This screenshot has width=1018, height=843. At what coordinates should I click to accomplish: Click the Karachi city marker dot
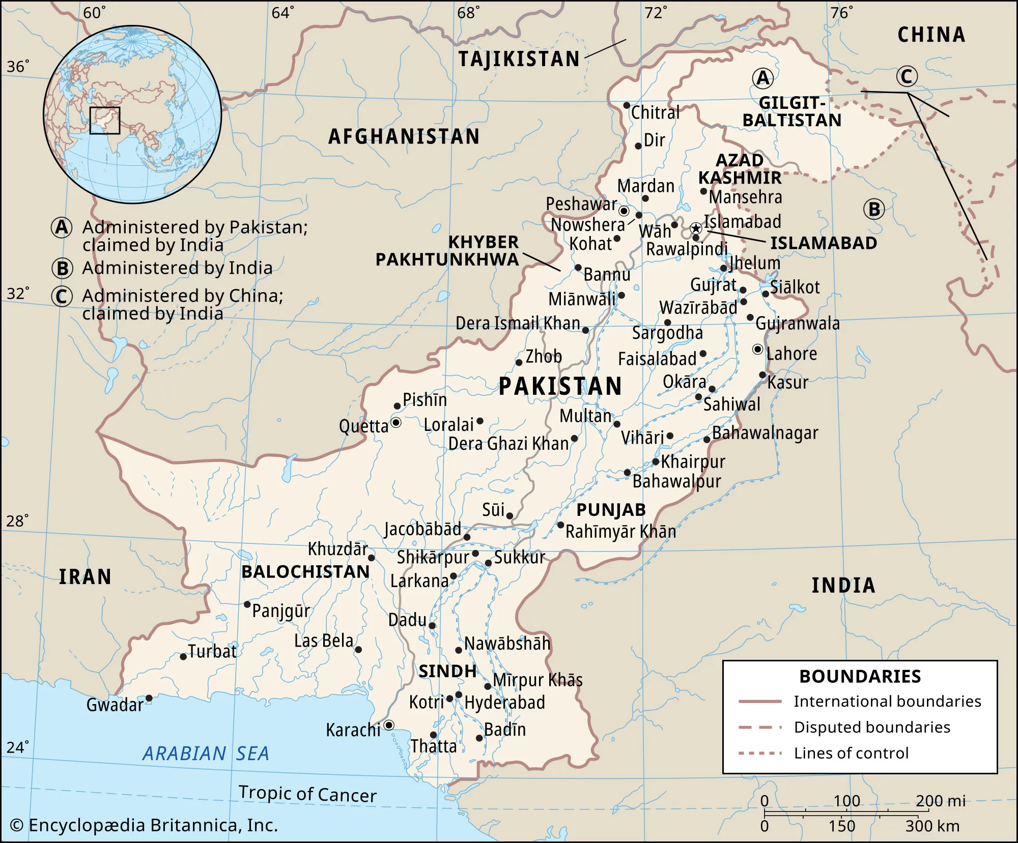pos(389,725)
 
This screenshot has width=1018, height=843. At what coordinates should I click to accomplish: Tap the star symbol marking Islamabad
pos(695,229)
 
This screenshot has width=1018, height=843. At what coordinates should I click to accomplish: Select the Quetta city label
pos(363,426)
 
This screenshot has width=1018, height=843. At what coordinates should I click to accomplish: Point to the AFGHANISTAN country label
pos(404,136)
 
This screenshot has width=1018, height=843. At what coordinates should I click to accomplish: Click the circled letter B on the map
pos(874,209)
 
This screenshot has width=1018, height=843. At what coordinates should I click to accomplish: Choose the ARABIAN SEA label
pos(206,753)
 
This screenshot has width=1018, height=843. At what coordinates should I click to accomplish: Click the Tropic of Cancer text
pos(307,794)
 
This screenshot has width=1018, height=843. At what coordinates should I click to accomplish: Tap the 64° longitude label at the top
pos(282,13)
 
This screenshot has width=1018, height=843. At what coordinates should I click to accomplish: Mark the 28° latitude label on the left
pos(17,520)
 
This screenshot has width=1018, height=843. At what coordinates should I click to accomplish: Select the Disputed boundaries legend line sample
pos(760,728)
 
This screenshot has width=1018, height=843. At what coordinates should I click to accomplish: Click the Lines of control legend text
pos(851,753)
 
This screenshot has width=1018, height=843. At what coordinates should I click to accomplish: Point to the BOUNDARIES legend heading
pos(860,677)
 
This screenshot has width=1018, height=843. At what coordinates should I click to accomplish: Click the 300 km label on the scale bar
pos(932,826)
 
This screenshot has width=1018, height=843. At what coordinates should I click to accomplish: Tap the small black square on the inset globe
pos(105,121)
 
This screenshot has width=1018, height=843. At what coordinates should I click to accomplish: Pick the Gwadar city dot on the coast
pos(149,698)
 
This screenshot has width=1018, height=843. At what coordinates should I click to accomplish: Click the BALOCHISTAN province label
pos(305,572)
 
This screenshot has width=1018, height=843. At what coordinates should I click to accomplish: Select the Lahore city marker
pos(757,350)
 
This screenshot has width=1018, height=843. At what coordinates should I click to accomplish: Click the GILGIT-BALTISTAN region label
pos(791,112)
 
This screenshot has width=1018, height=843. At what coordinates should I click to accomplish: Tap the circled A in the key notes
pos(62,227)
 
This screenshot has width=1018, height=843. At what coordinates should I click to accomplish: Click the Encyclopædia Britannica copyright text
pos(144,825)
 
